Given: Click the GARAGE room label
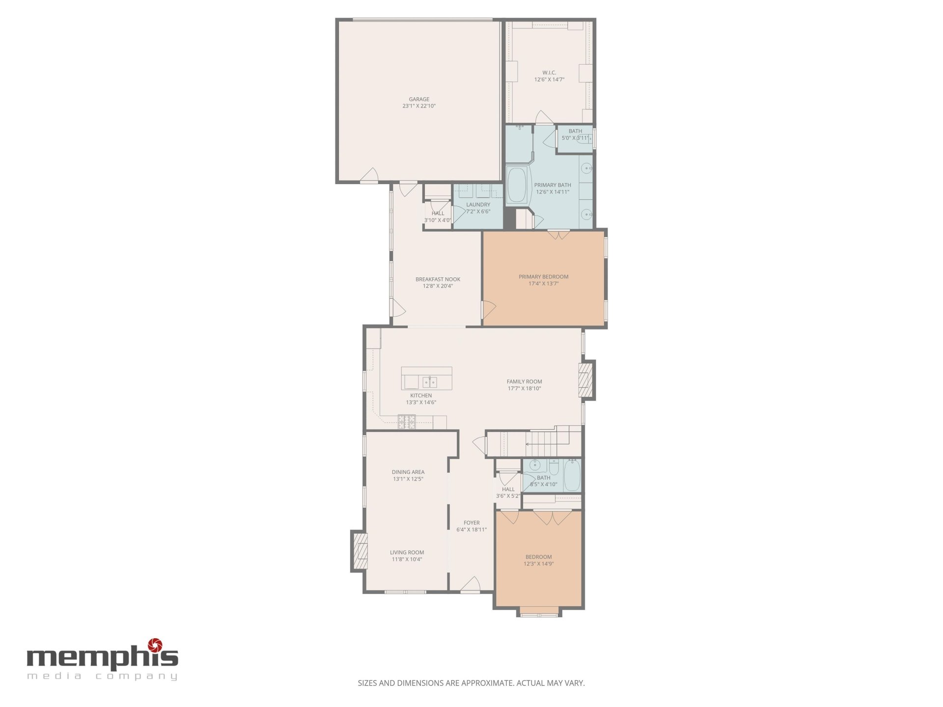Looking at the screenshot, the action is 419,99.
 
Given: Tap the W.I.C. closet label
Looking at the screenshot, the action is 549,73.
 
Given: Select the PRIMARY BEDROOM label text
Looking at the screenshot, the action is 544,277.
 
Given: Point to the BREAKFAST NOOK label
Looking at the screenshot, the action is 438,279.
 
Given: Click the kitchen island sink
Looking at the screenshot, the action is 430,381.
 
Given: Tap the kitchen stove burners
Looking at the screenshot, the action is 407,422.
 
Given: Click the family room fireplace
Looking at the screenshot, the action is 587,380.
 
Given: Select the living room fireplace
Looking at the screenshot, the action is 360,551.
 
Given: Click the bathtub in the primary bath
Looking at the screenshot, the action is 517,185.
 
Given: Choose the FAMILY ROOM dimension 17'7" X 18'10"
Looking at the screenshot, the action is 525,388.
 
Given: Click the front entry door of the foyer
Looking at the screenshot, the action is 470,585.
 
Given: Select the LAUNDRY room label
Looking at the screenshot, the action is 478,205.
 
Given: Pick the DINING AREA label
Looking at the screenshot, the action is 408,472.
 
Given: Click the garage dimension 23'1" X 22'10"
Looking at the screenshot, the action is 419,106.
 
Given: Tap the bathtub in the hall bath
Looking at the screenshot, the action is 572,475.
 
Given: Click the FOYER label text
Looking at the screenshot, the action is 471,523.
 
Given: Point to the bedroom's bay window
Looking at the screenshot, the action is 539,613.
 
